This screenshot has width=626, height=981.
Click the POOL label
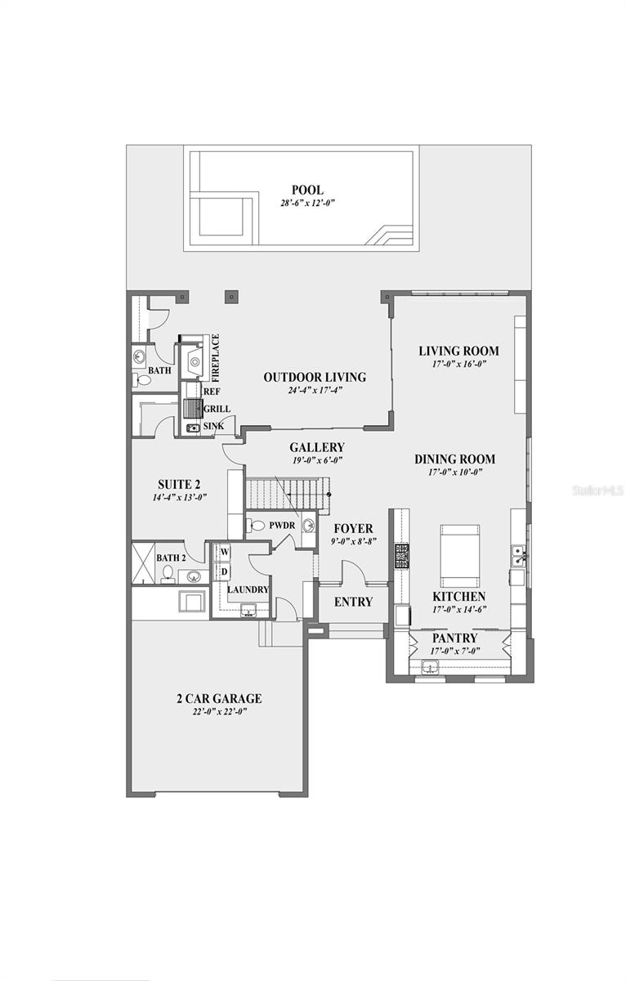[x=307, y=190]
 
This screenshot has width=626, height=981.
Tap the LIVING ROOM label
[x=458, y=351]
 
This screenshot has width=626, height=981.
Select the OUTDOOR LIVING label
[x=315, y=377]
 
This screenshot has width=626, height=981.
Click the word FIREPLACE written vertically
[x=216, y=358]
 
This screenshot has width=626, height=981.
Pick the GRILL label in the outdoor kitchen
[x=217, y=409]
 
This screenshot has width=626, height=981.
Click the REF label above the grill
[x=212, y=392]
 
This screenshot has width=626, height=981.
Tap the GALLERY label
[x=316, y=447]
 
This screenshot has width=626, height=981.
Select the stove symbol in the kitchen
[x=402, y=556]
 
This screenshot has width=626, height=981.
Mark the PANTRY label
[x=454, y=638]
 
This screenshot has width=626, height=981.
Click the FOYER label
[x=352, y=528]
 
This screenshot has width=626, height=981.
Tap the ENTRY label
[x=354, y=602]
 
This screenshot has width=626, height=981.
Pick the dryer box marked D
[x=222, y=571]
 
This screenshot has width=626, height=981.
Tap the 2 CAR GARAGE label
[x=218, y=698]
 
